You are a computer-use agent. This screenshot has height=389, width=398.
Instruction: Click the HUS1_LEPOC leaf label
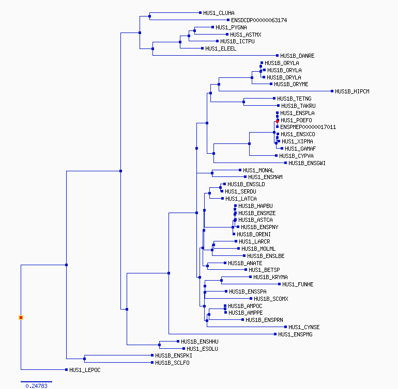point(85,370)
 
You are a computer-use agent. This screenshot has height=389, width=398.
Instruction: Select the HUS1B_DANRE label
point(297,56)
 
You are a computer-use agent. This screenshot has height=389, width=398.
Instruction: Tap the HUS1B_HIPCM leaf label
point(352,91)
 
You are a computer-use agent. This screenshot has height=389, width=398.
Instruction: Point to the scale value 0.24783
point(36,386)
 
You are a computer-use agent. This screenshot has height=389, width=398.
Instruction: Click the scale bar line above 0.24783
point(36,382)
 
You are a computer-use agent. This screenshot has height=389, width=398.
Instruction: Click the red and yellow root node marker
point(21,317)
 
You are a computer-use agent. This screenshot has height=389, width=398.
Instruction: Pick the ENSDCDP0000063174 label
point(259,20)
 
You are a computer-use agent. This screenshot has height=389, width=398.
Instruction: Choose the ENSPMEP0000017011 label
point(308,127)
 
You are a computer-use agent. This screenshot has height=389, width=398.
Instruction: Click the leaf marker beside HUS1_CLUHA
point(200,13)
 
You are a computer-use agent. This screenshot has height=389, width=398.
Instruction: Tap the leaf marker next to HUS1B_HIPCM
point(332,91)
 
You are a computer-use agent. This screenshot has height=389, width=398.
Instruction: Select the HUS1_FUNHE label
point(298,284)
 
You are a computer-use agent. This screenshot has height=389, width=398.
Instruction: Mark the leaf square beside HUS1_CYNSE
point(285,327)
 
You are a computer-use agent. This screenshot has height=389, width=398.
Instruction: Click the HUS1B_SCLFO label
point(172,363)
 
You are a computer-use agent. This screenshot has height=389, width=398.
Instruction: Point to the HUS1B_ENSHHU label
point(200,342)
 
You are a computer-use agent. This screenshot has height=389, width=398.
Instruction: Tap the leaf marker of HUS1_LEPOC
point(66,370)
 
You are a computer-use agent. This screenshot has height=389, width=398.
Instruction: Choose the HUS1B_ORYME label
point(291,84)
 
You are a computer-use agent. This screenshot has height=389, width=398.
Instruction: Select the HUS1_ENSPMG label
point(295,334)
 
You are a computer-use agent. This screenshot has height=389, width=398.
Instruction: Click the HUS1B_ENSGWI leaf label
point(307,163)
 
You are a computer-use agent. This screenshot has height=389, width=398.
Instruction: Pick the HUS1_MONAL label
point(258,170)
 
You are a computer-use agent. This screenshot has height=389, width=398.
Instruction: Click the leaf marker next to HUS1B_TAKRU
point(279,105)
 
